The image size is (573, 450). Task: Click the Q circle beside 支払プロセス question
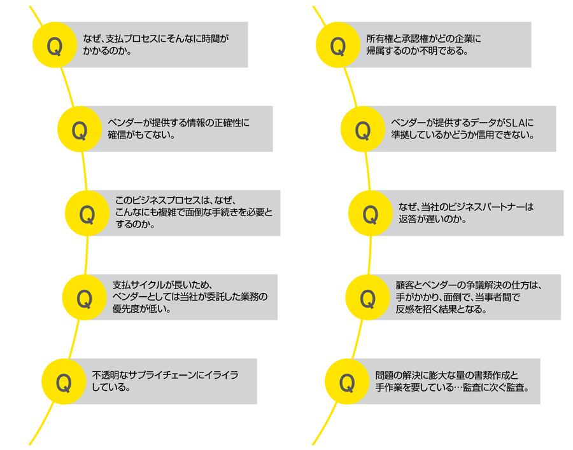point(55,45)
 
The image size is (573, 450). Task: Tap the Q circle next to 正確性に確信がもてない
point(80,130)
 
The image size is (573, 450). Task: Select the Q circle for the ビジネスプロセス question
point(87,214)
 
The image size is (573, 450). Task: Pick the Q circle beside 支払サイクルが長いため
point(84,297)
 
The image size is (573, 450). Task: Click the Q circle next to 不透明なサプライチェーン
point(64,381)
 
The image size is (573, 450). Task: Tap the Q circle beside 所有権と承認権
point(338,45)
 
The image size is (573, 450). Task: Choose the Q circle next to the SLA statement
point(363,130)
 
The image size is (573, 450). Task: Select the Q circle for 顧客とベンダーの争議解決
point(367,297)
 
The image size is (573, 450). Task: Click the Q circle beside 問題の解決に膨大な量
point(347,381)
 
